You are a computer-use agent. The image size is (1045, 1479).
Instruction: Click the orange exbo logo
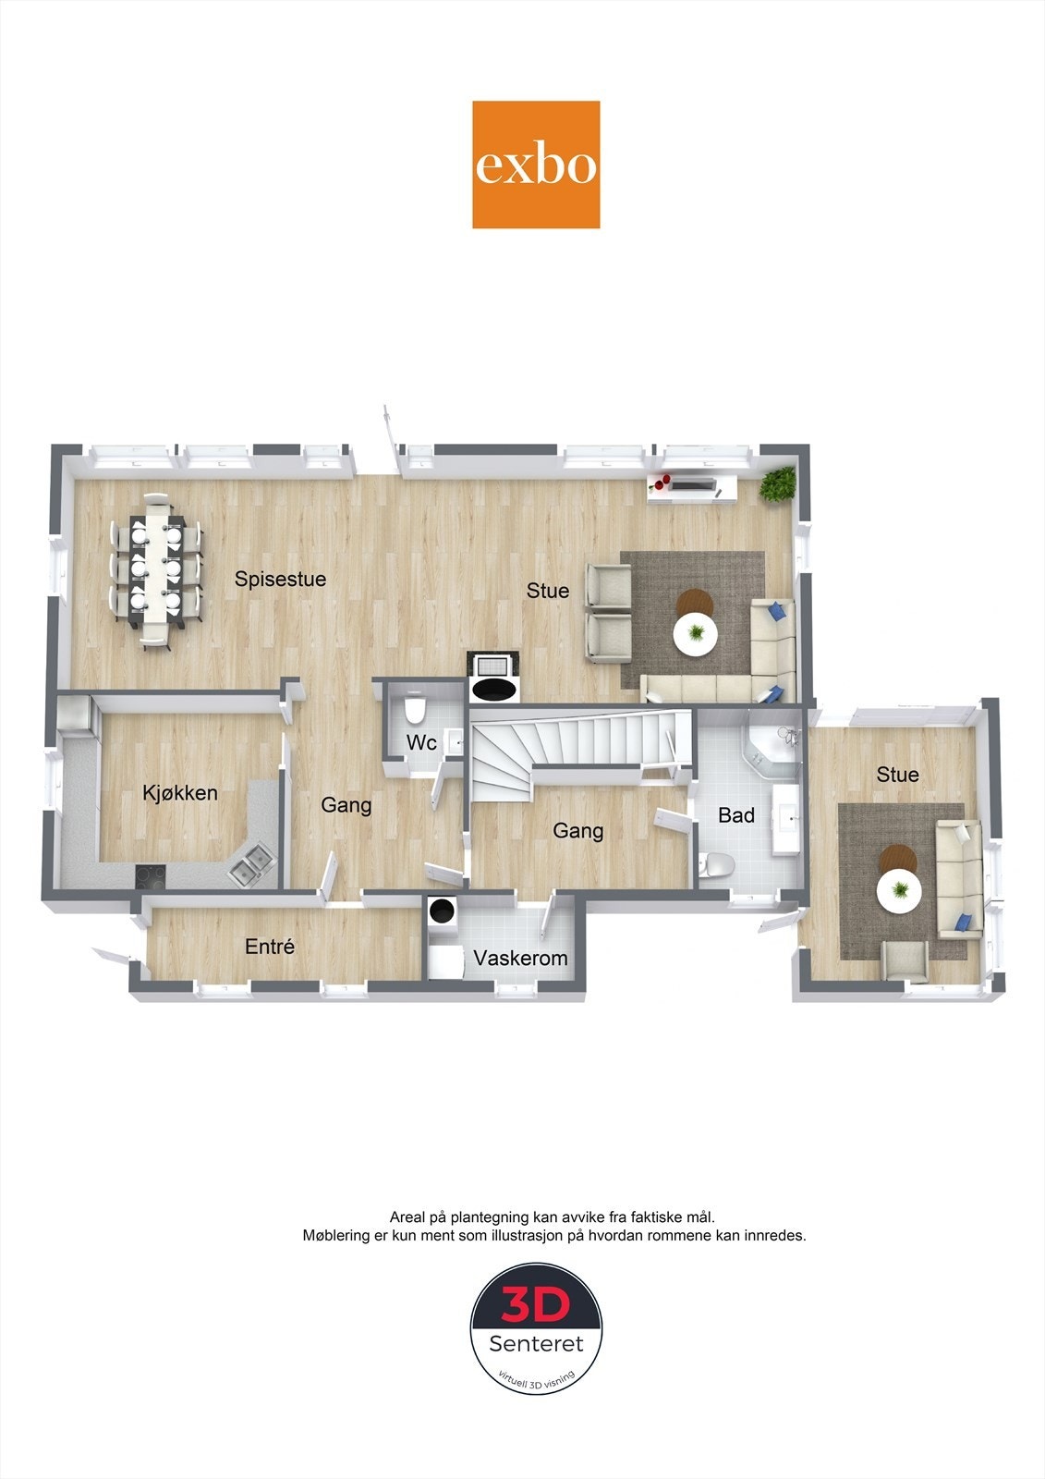tap(536, 165)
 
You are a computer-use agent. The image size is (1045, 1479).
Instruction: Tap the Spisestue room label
tap(281, 579)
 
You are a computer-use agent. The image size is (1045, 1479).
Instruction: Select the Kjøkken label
tap(180, 792)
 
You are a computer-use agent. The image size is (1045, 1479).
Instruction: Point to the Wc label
tap(421, 742)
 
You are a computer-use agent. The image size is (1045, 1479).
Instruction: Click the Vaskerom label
tap(520, 958)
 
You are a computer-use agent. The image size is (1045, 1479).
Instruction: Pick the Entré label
tap(270, 947)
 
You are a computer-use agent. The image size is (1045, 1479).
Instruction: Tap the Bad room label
tap(736, 815)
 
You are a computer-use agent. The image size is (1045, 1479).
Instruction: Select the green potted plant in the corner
tap(778, 484)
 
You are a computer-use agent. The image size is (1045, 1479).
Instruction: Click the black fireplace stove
tap(493, 677)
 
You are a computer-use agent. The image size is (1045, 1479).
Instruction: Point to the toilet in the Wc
tap(415, 711)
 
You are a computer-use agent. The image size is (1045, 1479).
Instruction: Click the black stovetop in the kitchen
tap(151, 875)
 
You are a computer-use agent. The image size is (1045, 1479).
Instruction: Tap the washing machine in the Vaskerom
tap(441, 911)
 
